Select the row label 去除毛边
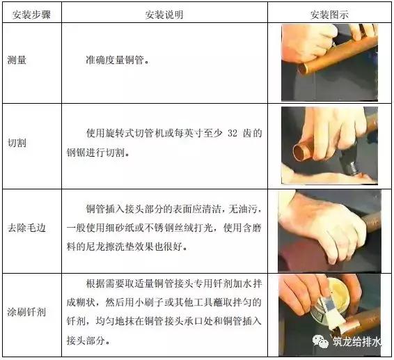(x=26, y=228)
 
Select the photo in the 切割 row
(x=329, y=145)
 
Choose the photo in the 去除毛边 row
(x=329, y=229)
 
